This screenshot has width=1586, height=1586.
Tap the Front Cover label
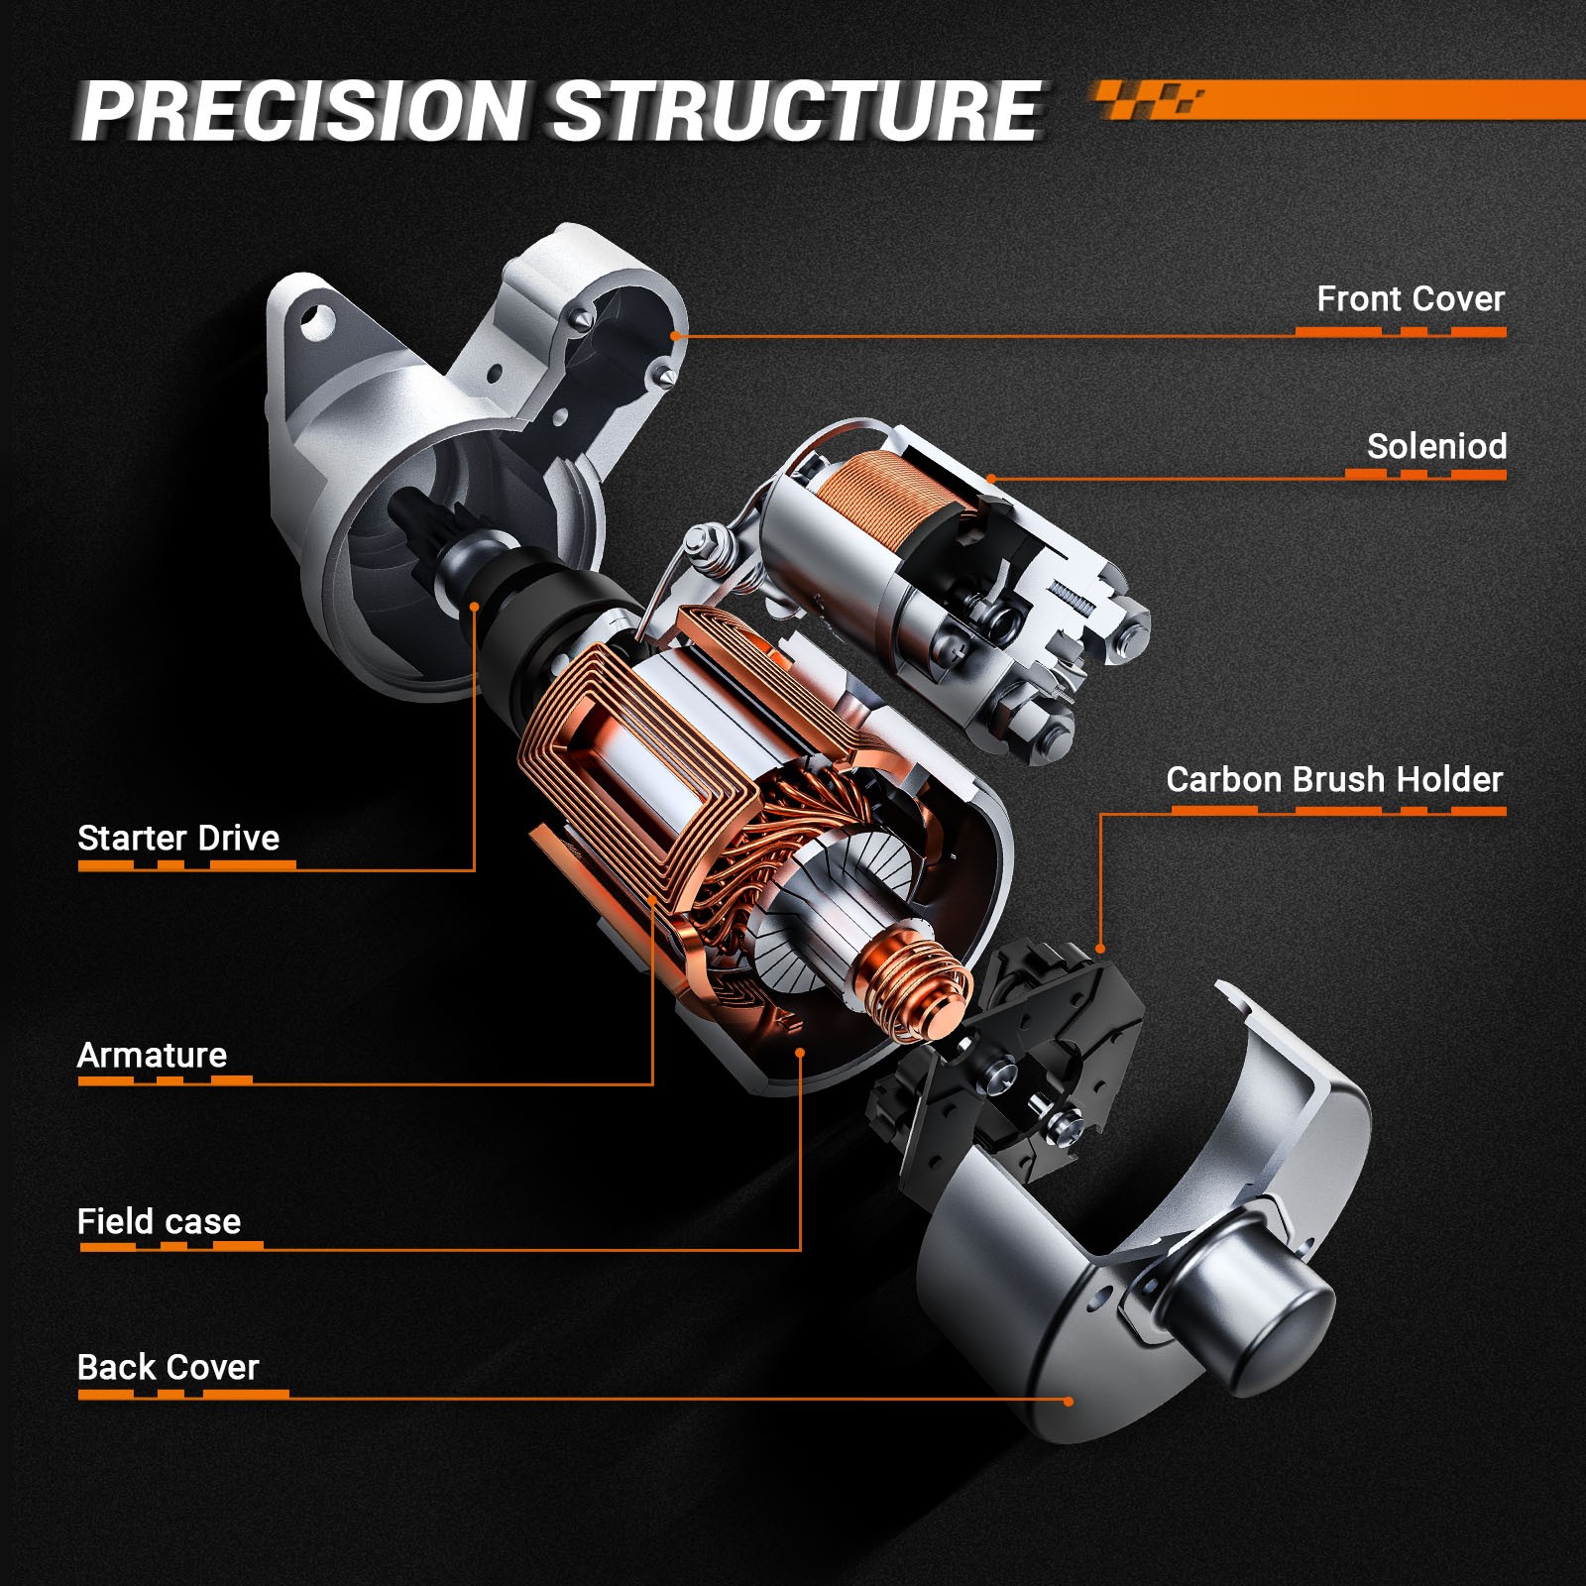pyautogui.click(x=1411, y=298)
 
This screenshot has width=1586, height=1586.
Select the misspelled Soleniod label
pyautogui.click(x=1436, y=446)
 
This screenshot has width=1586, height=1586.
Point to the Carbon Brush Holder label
pyautogui.click(x=1334, y=779)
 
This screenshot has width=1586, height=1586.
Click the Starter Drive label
pyautogui.click(x=178, y=838)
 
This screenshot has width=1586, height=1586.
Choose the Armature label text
pyautogui.click(x=152, y=1055)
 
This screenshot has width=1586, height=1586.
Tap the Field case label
pyautogui.click(x=159, y=1221)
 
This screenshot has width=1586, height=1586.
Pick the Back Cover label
pyautogui.click(x=168, y=1367)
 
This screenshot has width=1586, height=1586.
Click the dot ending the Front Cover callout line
pyautogui.click(x=674, y=336)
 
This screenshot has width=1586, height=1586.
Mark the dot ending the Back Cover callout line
pyautogui.click(x=1069, y=1401)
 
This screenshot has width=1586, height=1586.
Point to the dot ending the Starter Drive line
pyautogui.click(x=475, y=607)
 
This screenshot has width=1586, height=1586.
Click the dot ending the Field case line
pyautogui.click(x=800, y=1052)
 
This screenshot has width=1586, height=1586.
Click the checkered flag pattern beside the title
pyautogui.click(x=1150, y=100)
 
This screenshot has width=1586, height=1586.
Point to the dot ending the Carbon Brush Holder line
pyautogui.click(x=1100, y=949)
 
